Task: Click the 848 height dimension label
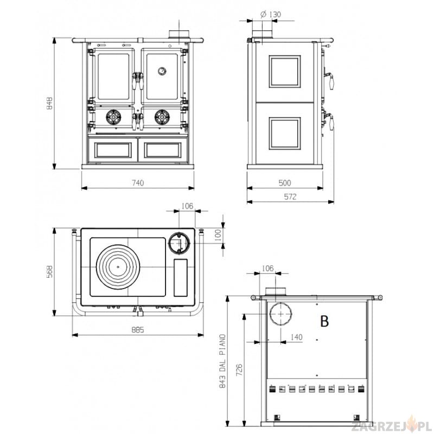click(49, 103)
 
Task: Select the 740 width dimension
click(138, 183)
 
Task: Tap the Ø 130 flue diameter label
click(270, 14)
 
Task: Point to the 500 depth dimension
click(284, 183)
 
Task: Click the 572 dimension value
click(290, 196)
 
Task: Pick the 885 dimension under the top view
click(138, 330)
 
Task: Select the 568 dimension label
click(49, 272)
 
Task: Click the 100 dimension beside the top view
click(218, 235)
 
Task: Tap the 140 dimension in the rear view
click(296, 337)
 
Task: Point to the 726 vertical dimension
click(239, 370)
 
